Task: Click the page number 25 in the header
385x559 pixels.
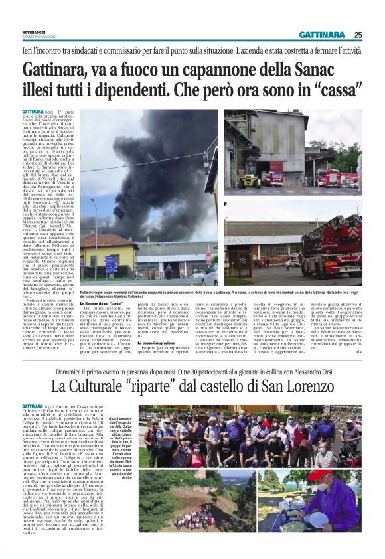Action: click(358, 35)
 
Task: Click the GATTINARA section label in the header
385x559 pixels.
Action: click(322, 35)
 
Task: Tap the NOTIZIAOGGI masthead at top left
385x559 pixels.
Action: click(35, 30)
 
